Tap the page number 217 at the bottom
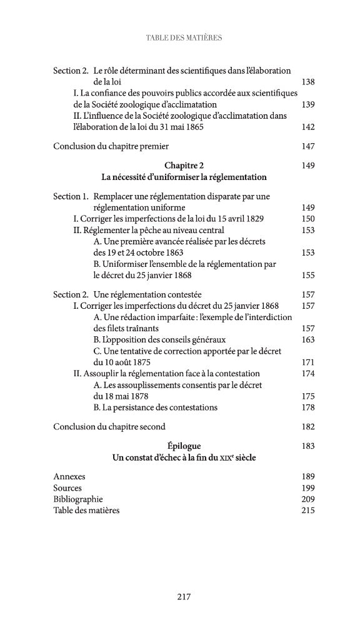point(183,597)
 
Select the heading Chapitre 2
point(184,166)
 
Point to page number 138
point(307,82)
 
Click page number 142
point(307,127)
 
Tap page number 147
point(307,147)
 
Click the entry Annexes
point(69,477)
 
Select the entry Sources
point(67,488)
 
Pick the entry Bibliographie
point(78,499)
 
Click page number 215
point(307,511)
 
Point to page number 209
point(307,499)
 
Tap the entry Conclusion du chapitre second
point(109,427)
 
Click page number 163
point(307,339)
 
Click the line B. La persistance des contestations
point(155,407)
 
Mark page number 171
point(307,362)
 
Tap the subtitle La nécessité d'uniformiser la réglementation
point(184,177)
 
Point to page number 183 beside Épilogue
point(307,446)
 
